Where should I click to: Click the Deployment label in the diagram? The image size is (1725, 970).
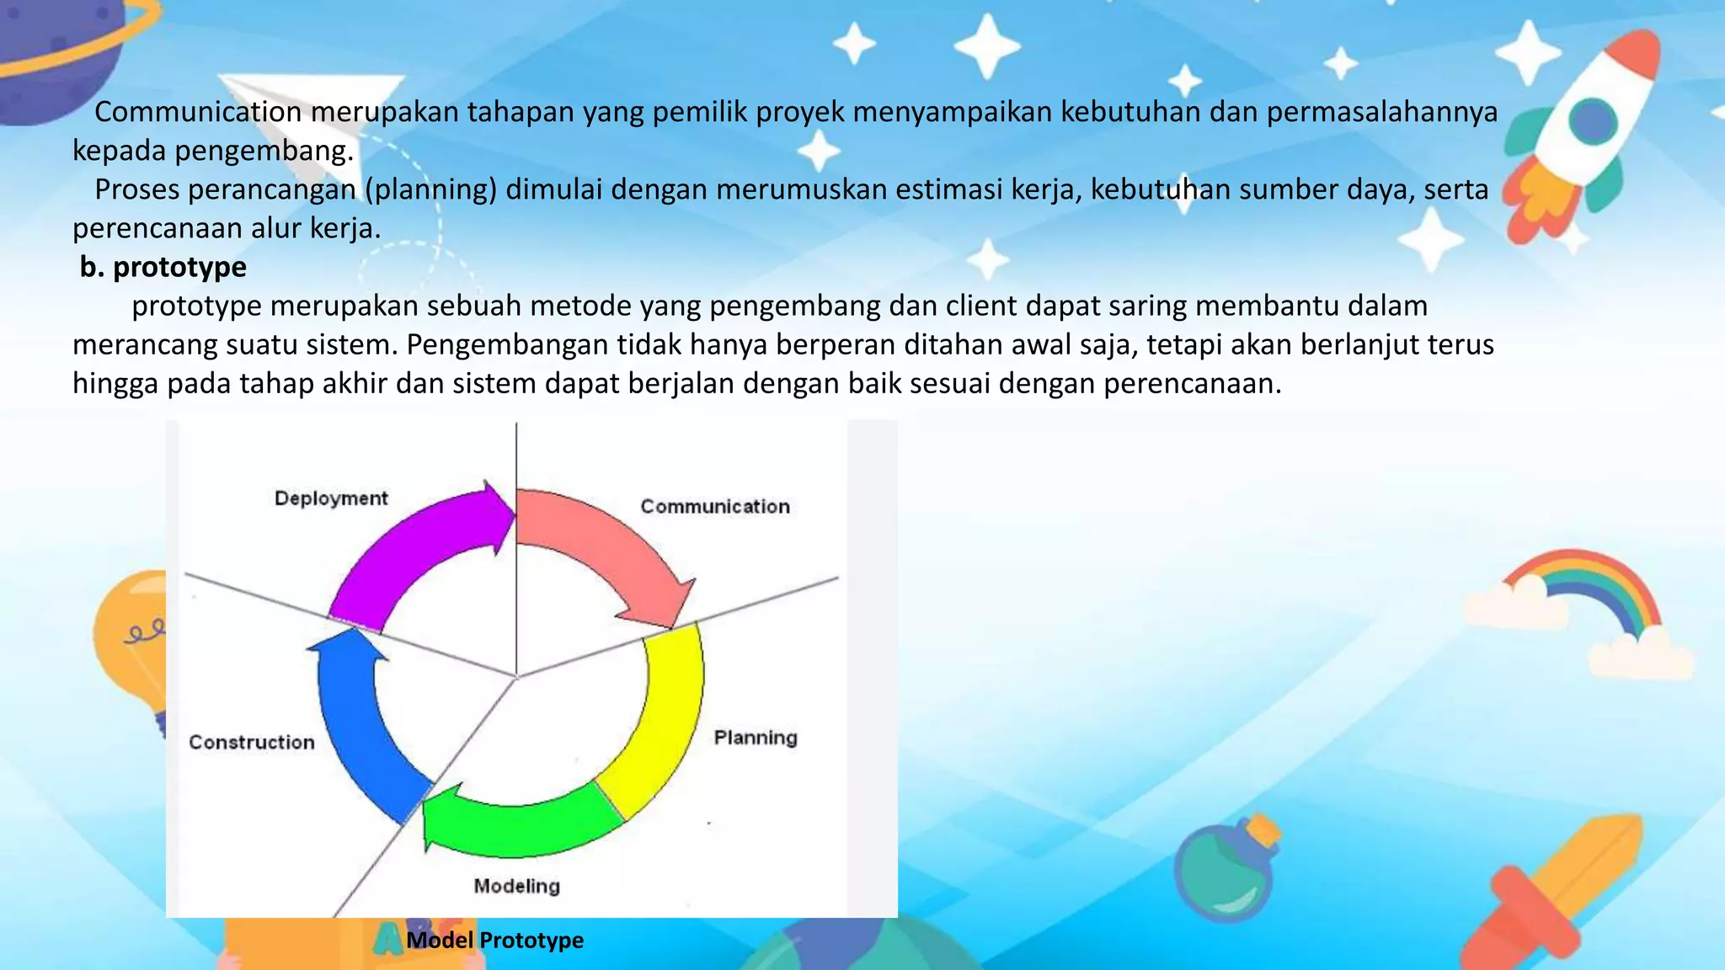coord(331,498)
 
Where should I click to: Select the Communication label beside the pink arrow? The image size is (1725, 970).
coord(715,507)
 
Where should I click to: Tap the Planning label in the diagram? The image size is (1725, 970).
coord(756,738)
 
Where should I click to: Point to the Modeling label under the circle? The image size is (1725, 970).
coord(516,886)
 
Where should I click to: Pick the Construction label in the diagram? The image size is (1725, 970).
coord(252,742)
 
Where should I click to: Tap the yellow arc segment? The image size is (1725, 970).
coord(665,724)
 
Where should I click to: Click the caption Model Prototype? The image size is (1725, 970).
coord(494,941)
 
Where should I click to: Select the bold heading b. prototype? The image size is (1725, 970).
coord(163,267)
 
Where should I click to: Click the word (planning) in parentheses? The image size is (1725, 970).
coord(431,189)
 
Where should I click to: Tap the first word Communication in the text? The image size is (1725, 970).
coord(197,112)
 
